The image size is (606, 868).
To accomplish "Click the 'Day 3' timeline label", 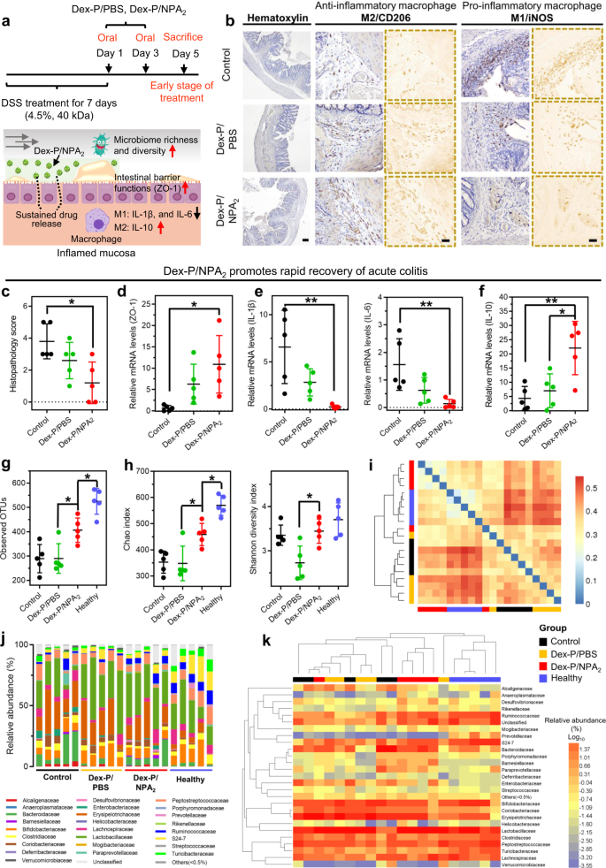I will click(x=144, y=54).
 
